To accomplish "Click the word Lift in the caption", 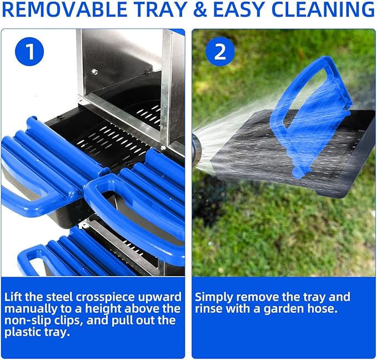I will coord(16,296).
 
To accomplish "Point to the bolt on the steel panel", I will coord(95,71).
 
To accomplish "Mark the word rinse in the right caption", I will coord(209,309).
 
